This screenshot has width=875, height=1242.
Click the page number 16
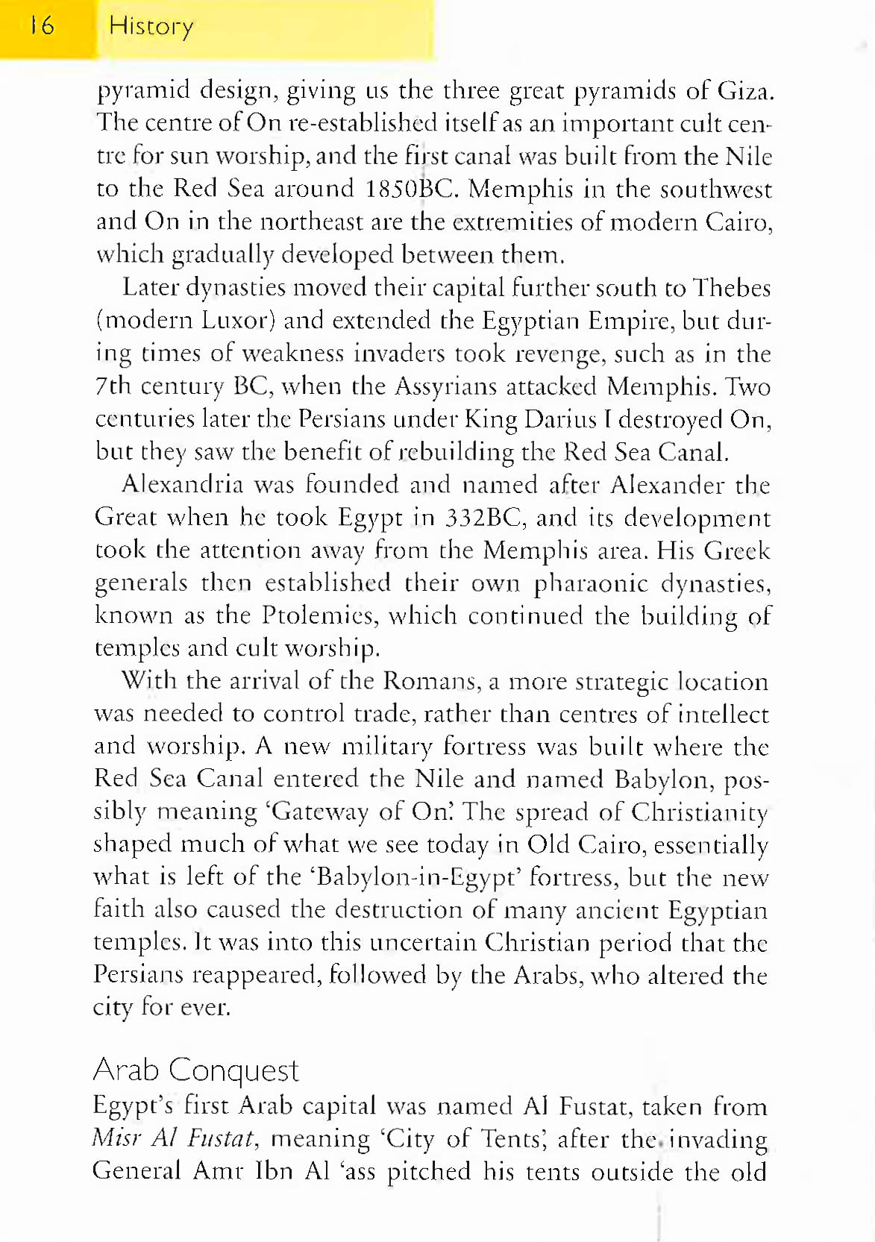[x=43, y=26]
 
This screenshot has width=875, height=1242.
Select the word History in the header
[x=151, y=27]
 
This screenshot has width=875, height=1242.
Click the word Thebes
[x=731, y=288]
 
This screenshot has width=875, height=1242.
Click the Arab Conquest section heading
[x=195, y=1070]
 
